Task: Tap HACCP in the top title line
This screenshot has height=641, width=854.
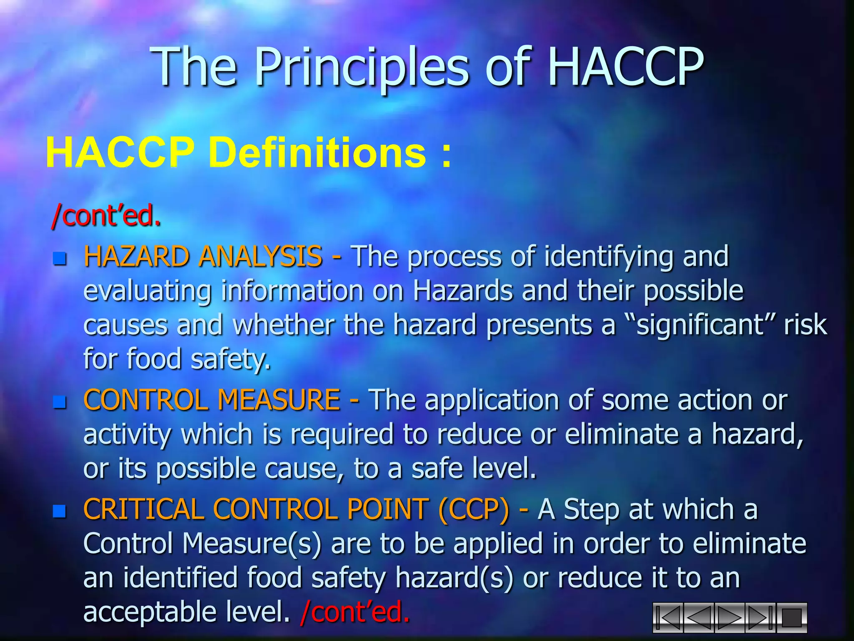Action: point(625,67)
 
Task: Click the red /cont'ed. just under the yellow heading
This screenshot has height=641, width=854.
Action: point(106,216)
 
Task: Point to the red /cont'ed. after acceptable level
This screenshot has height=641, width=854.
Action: point(355,612)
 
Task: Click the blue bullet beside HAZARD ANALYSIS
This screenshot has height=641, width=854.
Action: point(60,259)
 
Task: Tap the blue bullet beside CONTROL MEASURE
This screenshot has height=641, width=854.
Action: point(60,402)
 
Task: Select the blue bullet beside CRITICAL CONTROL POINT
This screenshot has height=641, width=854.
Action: point(60,511)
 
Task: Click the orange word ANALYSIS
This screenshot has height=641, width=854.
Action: point(261,256)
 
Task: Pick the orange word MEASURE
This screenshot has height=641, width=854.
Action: point(279,400)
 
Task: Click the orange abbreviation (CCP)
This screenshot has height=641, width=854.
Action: point(473,510)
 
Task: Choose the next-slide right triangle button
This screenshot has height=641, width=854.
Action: point(730,618)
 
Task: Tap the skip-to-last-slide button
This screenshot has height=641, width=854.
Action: point(760,618)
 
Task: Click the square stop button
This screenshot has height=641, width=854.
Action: point(791,618)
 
